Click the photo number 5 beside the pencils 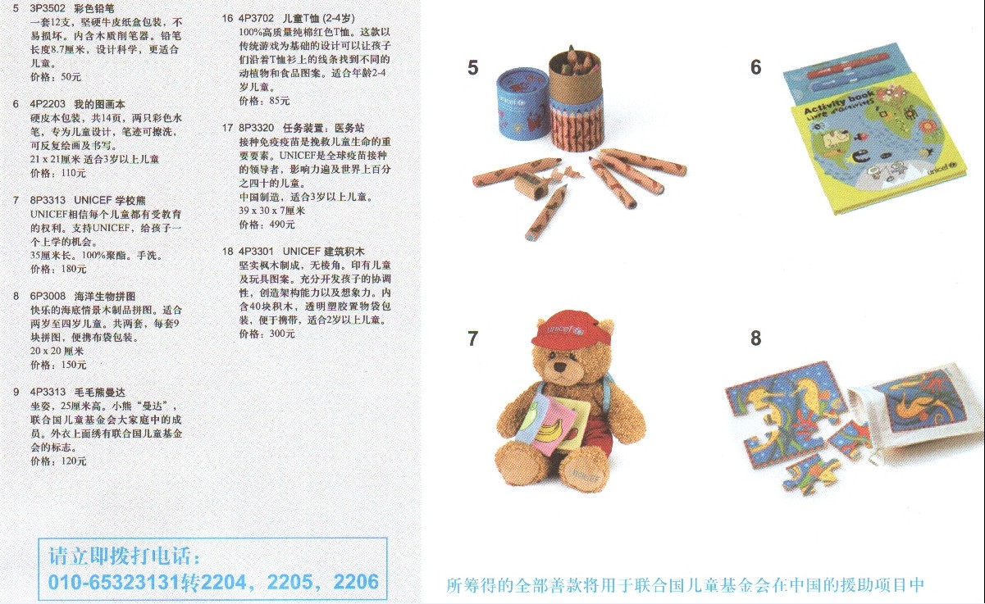click(x=472, y=68)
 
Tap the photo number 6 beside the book click(x=755, y=68)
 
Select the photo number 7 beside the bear click(x=472, y=338)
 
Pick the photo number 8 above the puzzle click(x=755, y=338)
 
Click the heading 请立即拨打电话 click(x=124, y=556)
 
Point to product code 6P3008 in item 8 click(x=48, y=296)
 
